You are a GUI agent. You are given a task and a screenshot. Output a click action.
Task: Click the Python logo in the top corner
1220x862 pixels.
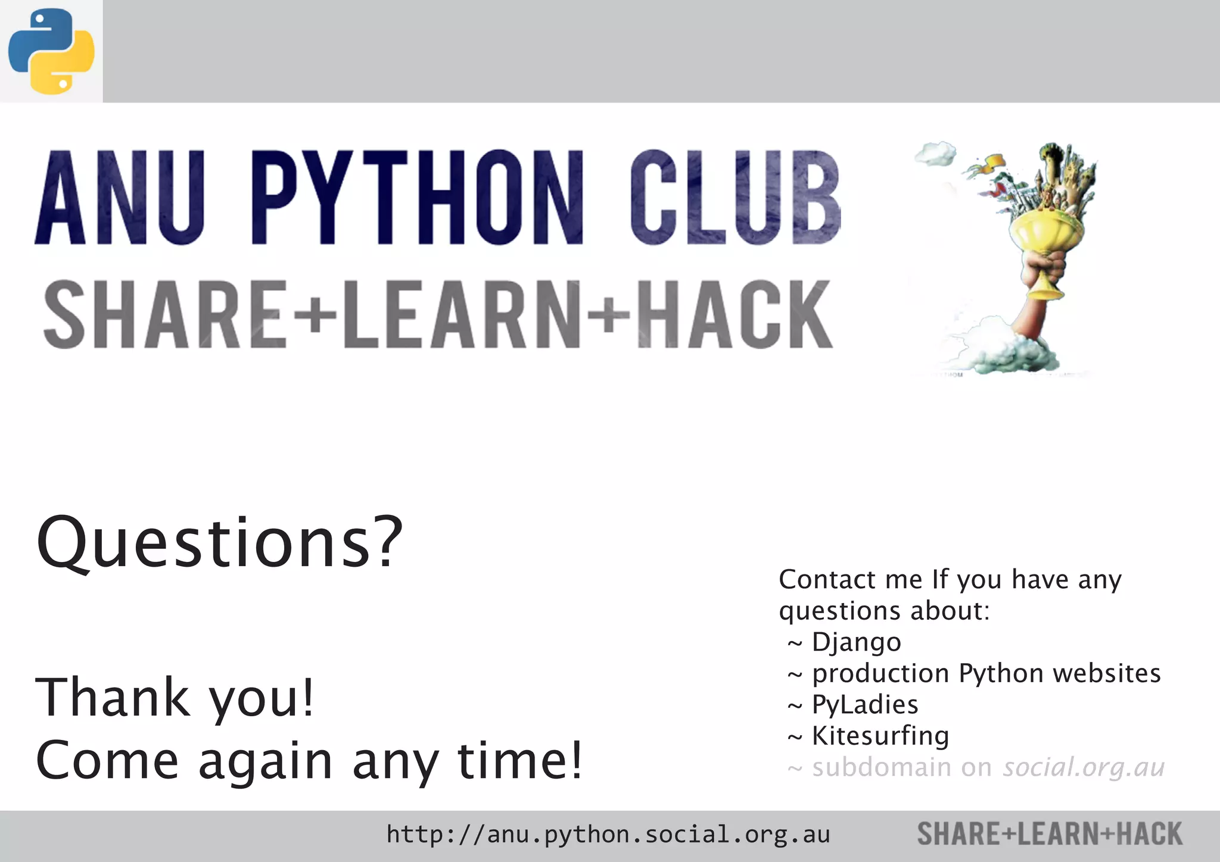(x=51, y=51)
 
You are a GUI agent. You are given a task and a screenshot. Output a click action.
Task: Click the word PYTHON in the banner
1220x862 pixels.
(x=417, y=198)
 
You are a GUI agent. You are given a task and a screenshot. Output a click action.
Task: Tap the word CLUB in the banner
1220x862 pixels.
(x=735, y=198)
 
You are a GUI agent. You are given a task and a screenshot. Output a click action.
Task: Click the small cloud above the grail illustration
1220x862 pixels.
(x=935, y=154)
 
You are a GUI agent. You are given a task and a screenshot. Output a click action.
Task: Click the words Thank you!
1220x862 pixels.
(x=175, y=698)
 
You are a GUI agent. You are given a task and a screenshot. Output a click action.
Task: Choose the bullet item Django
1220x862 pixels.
(x=856, y=642)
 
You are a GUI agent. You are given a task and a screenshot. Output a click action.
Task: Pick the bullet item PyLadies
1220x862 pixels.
(x=865, y=705)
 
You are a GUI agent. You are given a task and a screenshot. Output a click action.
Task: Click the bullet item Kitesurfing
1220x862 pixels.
(x=880, y=736)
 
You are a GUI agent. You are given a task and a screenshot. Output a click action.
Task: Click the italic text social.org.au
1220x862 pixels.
(x=1084, y=767)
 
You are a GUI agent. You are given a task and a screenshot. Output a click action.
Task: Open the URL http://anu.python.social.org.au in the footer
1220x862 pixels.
(x=608, y=835)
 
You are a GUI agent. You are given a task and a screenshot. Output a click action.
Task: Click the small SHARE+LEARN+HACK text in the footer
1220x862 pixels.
(x=1050, y=834)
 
